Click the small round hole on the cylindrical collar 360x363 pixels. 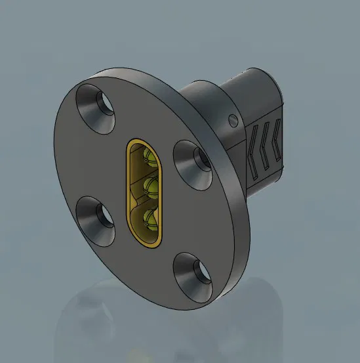click(x=232, y=120)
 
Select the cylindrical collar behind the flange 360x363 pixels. click(x=210, y=105)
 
